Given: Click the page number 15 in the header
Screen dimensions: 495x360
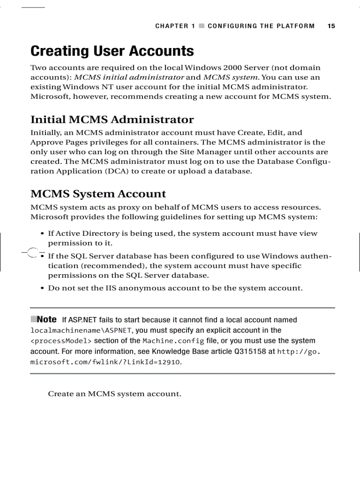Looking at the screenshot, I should point(331,26).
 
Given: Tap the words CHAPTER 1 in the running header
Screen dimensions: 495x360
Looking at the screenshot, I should point(175,26).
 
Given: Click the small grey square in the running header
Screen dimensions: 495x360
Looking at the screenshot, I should point(202,26).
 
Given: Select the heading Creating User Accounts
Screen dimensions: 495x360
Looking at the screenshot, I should point(112,51).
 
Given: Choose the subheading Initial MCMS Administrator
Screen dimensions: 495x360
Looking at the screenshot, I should point(112,119).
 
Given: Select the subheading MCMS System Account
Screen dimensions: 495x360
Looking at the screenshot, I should point(98,194).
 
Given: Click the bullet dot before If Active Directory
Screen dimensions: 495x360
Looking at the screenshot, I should point(42,234).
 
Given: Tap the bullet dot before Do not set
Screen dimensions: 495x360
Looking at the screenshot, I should point(42,289).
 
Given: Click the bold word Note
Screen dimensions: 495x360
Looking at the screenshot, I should point(47,319).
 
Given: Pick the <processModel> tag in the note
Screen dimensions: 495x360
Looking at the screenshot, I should point(61,341).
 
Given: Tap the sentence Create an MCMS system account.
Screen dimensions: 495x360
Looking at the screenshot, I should point(114,394).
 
